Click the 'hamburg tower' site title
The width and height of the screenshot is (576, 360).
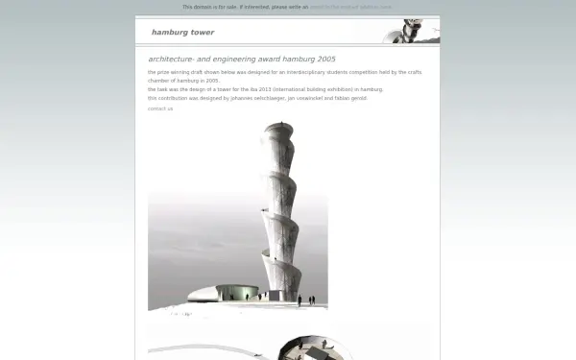[176, 33]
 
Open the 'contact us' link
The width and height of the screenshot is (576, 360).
[160, 108]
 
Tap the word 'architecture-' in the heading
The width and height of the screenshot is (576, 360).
[169, 59]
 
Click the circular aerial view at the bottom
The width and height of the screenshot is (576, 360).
[307, 348]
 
